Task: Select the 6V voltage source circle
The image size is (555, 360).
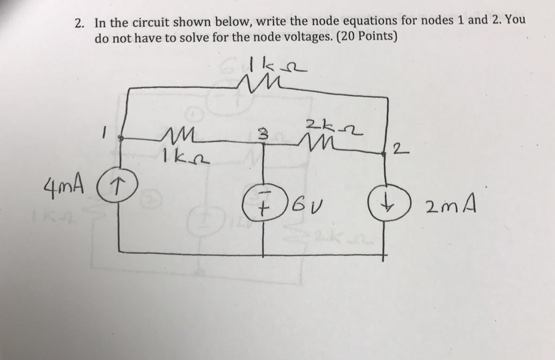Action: tap(264, 206)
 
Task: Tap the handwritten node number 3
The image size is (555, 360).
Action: tap(263, 133)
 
